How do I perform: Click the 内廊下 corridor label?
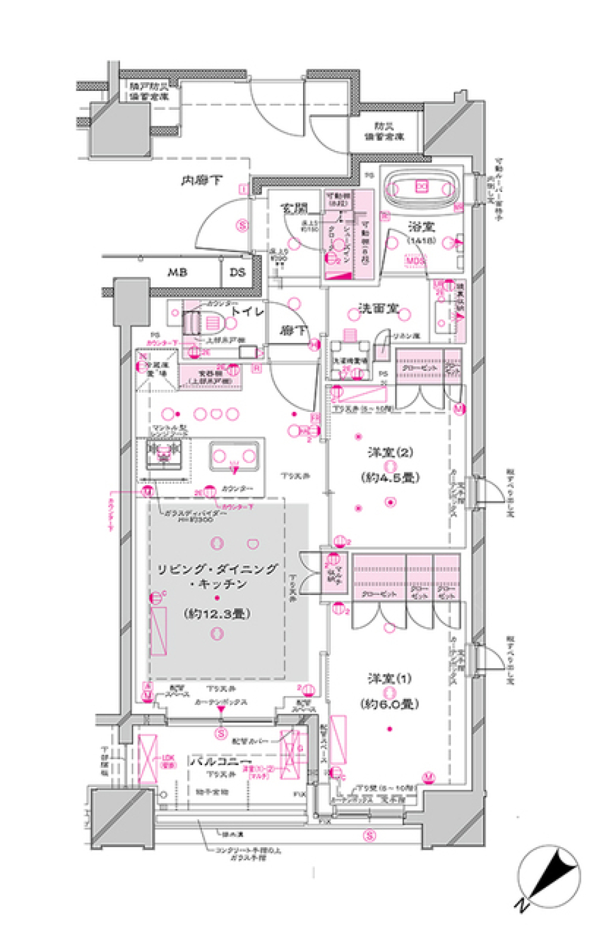point(202,181)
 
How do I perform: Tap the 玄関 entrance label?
point(294,208)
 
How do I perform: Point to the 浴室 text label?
point(420,226)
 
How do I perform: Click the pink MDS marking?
point(415,260)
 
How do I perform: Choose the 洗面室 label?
point(379,308)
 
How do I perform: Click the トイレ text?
point(247,311)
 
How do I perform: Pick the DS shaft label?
point(237,272)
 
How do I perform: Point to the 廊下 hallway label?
point(293,330)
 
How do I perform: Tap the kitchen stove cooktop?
point(164,452)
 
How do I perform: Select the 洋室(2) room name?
point(390,453)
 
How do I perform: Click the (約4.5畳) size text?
point(390,478)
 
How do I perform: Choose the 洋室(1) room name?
point(389,678)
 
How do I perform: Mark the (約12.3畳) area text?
point(217,613)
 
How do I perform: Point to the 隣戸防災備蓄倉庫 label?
point(150,91)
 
